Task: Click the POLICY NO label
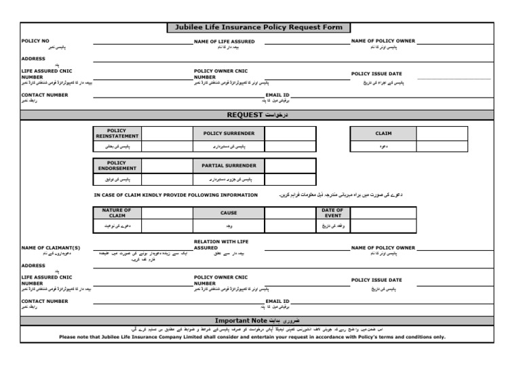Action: click(35, 41)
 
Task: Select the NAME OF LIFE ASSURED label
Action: click(225, 41)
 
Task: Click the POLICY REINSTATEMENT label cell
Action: click(117, 134)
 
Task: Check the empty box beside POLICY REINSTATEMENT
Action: click(166, 134)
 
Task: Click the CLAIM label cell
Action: click(383, 134)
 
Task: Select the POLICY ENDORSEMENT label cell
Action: click(117, 165)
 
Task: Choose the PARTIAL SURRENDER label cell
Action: click(229, 165)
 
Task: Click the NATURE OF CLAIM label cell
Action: click(117, 213)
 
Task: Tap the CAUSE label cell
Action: click(229, 213)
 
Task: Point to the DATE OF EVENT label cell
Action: click(333, 213)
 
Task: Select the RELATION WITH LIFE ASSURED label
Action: click(222, 244)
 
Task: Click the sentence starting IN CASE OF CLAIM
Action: click(176, 195)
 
